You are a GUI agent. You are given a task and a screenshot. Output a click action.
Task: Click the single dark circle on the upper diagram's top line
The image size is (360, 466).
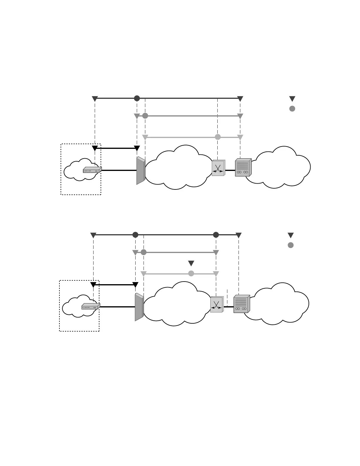pyautogui.click(x=137, y=98)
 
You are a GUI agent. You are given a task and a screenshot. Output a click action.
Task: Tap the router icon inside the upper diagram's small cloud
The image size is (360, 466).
pyautogui.click(x=92, y=170)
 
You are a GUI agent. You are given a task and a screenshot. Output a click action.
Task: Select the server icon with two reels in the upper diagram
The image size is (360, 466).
pyautogui.click(x=243, y=167)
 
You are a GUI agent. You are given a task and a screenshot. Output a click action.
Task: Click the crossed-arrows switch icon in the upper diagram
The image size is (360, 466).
pyautogui.click(x=218, y=168)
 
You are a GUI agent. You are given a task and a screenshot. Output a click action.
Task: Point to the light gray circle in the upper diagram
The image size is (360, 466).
pyautogui.click(x=218, y=137)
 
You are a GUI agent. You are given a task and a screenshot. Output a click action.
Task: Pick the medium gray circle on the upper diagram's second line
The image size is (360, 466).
pyautogui.click(x=145, y=116)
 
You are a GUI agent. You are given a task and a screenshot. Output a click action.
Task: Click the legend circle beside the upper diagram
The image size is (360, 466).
pyautogui.click(x=292, y=109)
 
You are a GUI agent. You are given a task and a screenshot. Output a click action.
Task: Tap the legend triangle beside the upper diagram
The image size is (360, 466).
pyautogui.click(x=292, y=99)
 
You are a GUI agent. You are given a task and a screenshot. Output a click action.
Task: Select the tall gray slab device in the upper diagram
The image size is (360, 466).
pyautogui.click(x=141, y=171)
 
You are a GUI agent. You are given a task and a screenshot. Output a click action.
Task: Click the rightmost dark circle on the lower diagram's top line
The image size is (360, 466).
pyautogui.click(x=216, y=235)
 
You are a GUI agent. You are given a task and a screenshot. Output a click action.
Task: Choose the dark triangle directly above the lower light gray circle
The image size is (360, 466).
pyautogui.click(x=191, y=263)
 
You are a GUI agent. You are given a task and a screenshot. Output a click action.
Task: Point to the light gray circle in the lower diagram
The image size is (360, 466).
pyautogui.click(x=191, y=274)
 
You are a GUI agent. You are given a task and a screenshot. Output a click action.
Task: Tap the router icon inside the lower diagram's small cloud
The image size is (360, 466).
pyautogui.click(x=91, y=307)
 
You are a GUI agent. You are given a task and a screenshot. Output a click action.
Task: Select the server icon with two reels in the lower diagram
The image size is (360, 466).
pyautogui.click(x=241, y=304)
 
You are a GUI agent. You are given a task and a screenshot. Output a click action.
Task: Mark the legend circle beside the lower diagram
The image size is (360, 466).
pyautogui.click(x=291, y=245)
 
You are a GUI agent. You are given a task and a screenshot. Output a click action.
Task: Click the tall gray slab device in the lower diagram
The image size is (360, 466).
pyautogui.click(x=139, y=307)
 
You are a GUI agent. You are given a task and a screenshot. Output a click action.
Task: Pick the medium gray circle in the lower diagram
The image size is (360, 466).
pyautogui.click(x=144, y=252)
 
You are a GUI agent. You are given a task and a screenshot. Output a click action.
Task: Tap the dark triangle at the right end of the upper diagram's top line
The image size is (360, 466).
pyautogui.click(x=240, y=99)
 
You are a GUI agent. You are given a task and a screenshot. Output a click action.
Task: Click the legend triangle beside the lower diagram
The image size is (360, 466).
pyautogui.click(x=291, y=235)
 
